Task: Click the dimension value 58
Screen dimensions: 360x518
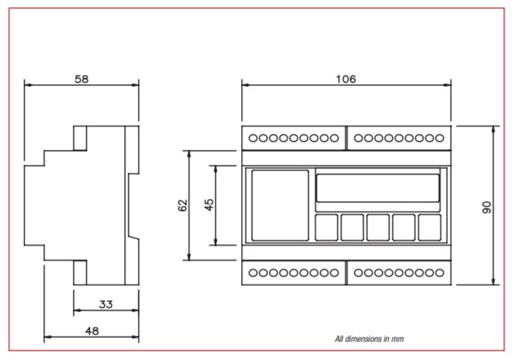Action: point(82,79)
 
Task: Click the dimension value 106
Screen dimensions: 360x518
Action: point(346,79)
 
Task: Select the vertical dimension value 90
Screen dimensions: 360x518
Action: point(487,206)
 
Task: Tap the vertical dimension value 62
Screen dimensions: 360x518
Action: point(183,205)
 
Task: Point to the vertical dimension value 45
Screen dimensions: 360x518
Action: point(209,205)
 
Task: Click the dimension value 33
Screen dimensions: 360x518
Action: point(106,304)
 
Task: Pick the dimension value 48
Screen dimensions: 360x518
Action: point(91,330)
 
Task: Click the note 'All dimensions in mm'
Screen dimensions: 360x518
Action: point(375,339)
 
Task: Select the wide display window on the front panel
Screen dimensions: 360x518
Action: point(377,188)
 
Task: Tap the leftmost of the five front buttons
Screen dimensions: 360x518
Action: point(327,227)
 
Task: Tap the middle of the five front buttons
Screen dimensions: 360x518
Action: point(378,227)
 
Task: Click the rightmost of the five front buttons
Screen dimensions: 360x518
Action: point(430,227)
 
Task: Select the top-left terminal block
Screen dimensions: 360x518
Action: point(294,138)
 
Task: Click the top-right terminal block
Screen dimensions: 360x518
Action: point(399,138)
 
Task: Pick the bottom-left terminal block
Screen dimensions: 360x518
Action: point(294,272)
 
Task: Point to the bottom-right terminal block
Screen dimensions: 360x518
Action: point(399,272)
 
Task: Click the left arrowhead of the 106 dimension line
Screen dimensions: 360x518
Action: point(245,85)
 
